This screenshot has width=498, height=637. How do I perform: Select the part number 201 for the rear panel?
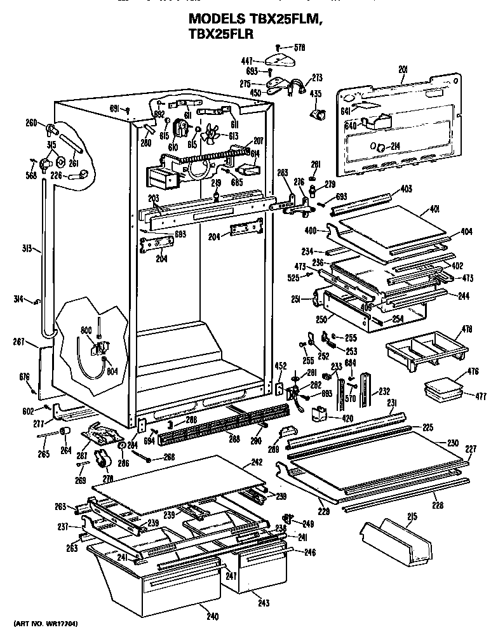403,69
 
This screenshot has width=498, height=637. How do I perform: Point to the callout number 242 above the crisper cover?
255,462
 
